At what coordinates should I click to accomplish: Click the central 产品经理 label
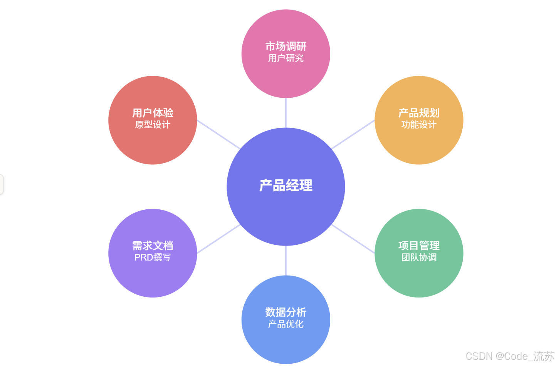click(x=286, y=186)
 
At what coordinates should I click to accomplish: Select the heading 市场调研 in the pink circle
click(x=286, y=47)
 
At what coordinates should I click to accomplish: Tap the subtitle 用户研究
click(x=286, y=58)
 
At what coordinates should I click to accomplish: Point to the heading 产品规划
click(x=418, y=113)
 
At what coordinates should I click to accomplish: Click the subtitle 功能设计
click(x=418, y=125)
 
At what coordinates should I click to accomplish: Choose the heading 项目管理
click(x=418, y=246)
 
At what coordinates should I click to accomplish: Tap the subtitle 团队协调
click(x=418, y=257)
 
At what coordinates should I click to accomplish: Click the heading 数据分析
click(x=286, y=312)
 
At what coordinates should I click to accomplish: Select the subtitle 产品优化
click(x=286, y=324)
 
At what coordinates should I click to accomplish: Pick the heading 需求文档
click(x=153, y=246)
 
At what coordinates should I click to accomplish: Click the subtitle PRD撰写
click(x=153, y=257)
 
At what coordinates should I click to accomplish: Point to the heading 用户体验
click(x=153, y=113)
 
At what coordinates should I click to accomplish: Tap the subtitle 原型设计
click(x=153, y=125)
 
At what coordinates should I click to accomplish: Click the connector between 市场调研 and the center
click(x=286, y=112)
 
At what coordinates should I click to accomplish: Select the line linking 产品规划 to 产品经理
click(x=353, y=134)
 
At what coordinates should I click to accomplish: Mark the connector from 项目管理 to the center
click(x=353, y=239)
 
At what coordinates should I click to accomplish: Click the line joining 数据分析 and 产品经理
click(x=286, y=261)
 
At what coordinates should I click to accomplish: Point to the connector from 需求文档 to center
click(x=218, y=239)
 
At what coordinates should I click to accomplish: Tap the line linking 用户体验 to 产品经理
click(x=218, y=134)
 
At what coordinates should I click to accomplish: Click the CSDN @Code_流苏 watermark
click(x=509, y=356)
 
